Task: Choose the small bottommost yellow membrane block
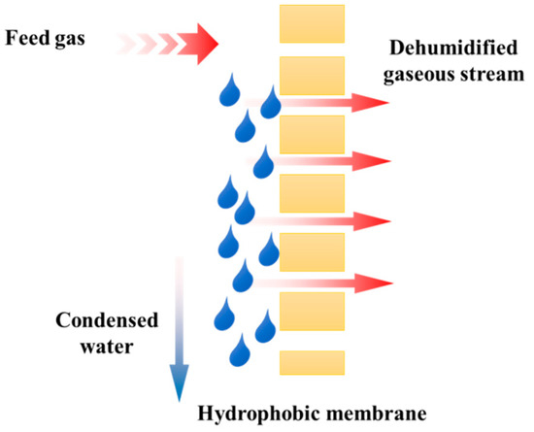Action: [x=312, y=362]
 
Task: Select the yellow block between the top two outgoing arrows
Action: [x=312, y=133]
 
